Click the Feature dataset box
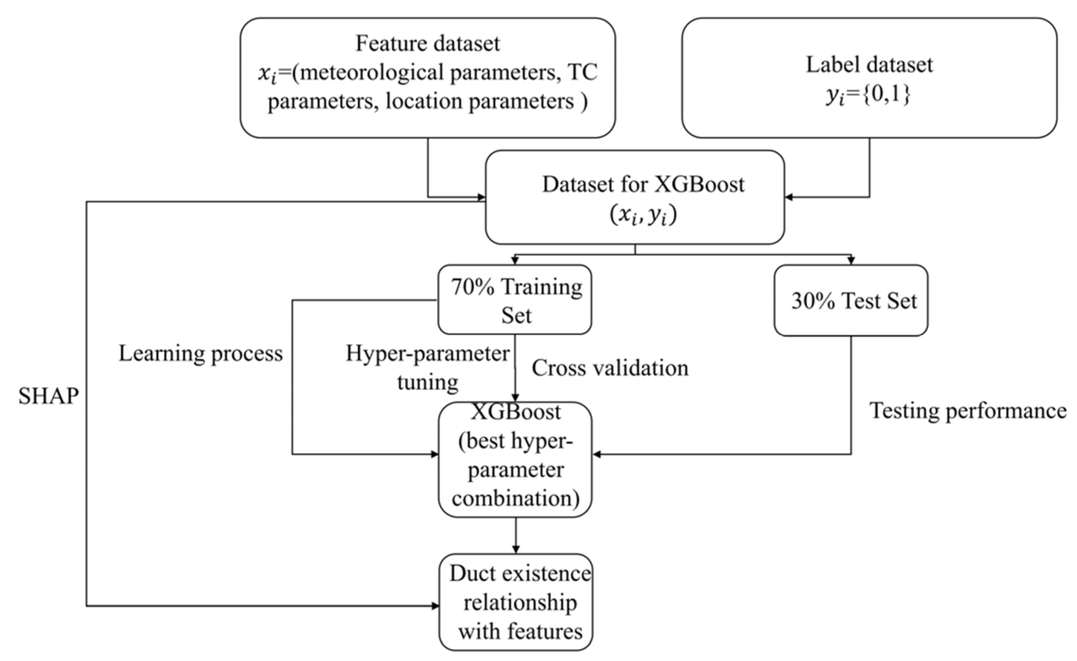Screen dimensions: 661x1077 427,78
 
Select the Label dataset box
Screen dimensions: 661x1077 869,78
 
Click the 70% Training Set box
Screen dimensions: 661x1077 514,300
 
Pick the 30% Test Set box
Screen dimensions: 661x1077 850,300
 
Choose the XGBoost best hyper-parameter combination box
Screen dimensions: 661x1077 515,459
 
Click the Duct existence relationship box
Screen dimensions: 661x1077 516,602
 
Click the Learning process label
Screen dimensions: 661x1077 201,353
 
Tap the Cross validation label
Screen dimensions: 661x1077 610,368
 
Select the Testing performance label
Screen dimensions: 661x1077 968,411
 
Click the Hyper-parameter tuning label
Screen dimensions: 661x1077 427,367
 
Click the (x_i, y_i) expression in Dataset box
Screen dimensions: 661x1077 643,215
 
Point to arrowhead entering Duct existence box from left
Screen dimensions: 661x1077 435,606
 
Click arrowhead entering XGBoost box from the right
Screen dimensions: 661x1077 596,455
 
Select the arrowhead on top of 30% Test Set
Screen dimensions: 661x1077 850,261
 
